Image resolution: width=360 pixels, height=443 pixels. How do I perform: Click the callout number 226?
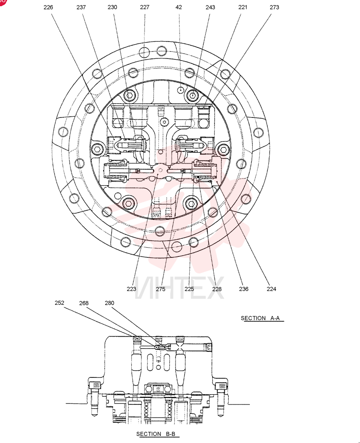(48, 8)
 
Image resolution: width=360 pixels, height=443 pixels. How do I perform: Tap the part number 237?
(81, 8)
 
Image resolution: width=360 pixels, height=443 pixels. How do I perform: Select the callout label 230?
(112, 7)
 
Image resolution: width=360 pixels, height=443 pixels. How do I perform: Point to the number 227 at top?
(145, 7)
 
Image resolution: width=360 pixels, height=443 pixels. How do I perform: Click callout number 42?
(179, 7)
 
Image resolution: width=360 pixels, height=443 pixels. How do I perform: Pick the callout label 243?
(210, 7)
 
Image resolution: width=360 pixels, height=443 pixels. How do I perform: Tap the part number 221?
(243, 7)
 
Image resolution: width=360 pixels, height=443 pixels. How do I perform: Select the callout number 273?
(274, 7)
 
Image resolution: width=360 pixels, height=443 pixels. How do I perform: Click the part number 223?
(132, 289)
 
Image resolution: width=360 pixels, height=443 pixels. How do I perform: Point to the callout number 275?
(160, 289)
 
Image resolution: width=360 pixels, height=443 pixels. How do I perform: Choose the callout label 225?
(189, 289)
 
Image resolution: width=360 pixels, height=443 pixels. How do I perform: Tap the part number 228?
(217, 289)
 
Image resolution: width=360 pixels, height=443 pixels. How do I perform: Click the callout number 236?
(243, 289)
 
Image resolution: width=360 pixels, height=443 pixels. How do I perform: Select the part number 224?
(271, 289)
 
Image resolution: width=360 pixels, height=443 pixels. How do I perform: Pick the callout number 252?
(59, 303)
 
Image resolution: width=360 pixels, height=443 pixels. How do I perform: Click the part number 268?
(84, 303)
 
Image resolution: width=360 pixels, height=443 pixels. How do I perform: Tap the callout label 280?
(110, 303)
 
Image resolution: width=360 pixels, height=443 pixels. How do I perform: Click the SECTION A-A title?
(260, 318)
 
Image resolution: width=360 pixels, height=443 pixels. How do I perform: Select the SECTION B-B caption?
(156, 434)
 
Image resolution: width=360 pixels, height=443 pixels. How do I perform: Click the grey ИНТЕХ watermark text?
(180, 288)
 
